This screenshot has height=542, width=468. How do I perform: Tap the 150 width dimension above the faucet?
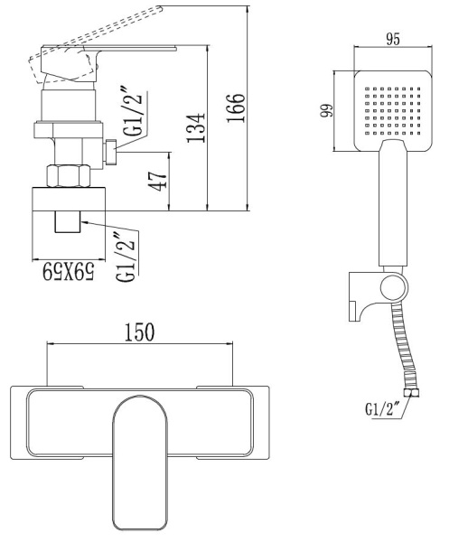138,332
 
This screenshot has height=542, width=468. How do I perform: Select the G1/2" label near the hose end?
383,408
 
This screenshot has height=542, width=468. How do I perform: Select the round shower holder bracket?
391,288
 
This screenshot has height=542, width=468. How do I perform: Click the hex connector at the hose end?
415,391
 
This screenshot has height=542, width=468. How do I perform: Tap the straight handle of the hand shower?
394,208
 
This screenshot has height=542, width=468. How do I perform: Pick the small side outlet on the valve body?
110,154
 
